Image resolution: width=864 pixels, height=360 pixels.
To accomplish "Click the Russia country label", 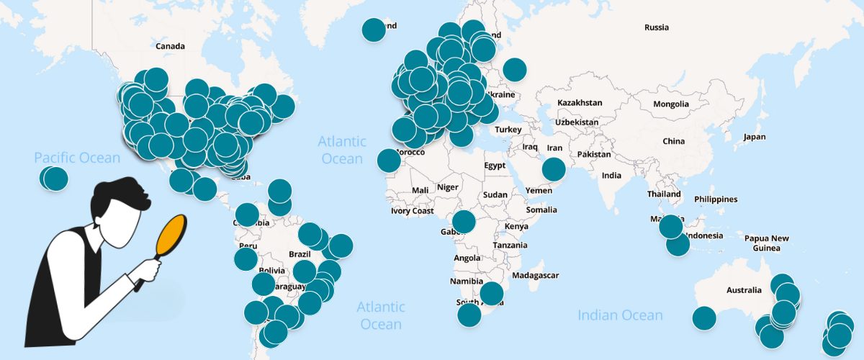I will pyautogui.click(x=657, y=28).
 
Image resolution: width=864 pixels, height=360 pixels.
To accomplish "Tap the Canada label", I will pyautogui.click(x=171, y=46).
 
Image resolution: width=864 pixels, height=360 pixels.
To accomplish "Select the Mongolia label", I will pyautogui.click(x=671, y=104).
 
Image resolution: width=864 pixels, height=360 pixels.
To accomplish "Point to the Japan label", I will pyautogui.click(x=755, y=137).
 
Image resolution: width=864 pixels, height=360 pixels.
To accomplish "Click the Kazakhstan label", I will pyautogui.click(x=579, y=104).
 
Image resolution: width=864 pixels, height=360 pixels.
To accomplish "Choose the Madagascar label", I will pyautogui.click(x=535, y=275).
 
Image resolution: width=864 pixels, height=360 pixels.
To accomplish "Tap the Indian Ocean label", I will pyautogui.click(x=620, y=315).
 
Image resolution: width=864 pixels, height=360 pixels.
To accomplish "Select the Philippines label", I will pyautogui.click(x=716, y=199).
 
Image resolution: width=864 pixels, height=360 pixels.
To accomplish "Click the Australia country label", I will pyautogui.click(x=743, y=290).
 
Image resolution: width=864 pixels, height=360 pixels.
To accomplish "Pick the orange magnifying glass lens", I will pyautogui.click(x=171, y=234).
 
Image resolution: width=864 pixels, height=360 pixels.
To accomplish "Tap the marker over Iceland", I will pyautogui.click(x=374, y=30).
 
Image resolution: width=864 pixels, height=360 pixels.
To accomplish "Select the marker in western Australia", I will pyautogui.click(x=704, y=318).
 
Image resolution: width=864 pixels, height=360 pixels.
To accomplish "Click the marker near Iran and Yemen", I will pyautogui.click(x=554, y=169).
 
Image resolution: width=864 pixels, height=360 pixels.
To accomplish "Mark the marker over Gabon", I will pyautogui.click(x=463, y=222).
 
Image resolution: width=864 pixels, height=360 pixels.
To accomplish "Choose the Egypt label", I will pyautogui.click(x=495, y=166).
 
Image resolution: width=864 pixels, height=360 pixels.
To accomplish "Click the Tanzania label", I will pyautogui.click(x=510, y=246).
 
